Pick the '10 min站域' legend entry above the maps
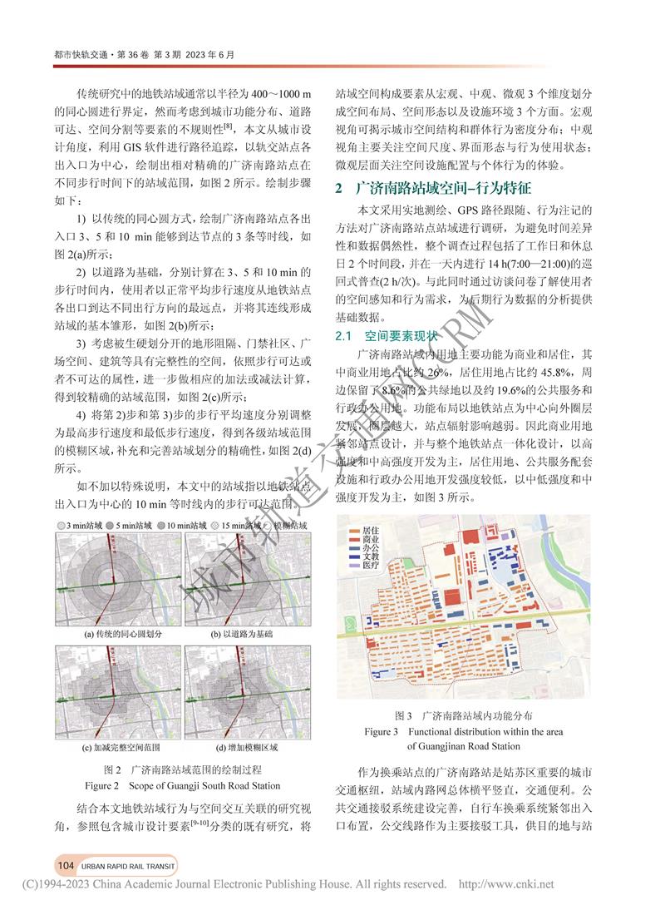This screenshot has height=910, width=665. tap(187, 526)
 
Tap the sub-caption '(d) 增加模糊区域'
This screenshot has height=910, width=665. tap(241, 747)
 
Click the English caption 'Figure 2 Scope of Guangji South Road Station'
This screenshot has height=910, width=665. tap(183, 785)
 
